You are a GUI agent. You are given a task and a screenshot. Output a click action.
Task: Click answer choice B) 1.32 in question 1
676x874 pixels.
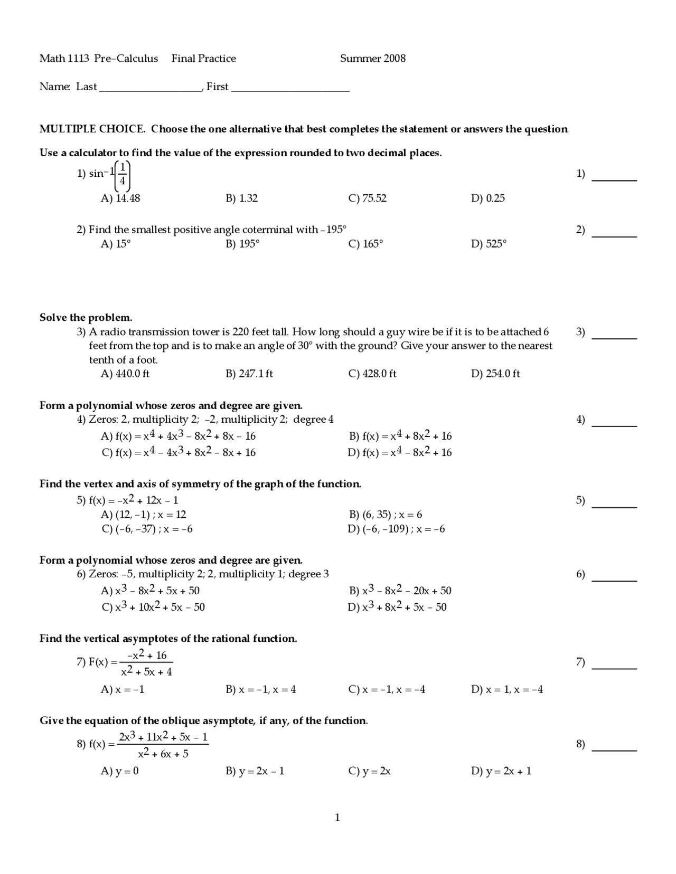coord(241,198)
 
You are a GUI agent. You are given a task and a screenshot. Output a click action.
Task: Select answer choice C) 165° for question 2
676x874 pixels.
coord(365,244)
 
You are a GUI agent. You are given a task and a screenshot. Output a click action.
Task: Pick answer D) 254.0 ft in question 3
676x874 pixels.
coord(495,374)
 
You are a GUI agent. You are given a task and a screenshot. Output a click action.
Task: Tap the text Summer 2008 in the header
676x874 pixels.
coord(372,59)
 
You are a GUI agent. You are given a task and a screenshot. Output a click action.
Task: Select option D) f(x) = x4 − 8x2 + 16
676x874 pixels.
coord(400,452)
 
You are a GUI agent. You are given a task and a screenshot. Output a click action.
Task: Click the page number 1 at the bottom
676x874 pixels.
coord(337,818)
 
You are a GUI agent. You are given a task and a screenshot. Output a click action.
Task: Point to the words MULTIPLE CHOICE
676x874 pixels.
coord(92,129)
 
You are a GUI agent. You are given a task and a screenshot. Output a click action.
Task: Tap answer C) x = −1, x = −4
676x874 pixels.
coord(387,689)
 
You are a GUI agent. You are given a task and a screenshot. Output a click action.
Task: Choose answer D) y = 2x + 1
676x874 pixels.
coord(501,771)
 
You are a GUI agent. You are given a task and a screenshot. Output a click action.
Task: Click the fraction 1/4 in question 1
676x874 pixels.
coord(123,175)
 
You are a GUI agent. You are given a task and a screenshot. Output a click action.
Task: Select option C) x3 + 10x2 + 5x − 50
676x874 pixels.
coord(153,607)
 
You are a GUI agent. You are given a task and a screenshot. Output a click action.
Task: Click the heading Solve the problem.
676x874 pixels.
coord(86,318)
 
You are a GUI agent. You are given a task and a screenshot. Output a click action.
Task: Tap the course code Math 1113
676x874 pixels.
coord(64,59)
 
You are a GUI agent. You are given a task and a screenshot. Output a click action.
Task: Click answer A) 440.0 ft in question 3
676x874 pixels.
coord(125,374)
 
